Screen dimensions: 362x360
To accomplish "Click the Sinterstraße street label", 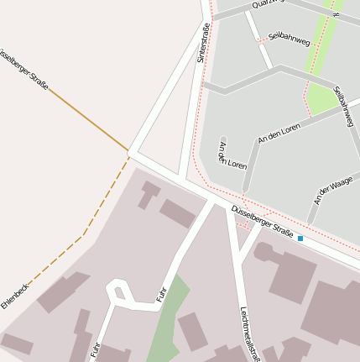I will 202,43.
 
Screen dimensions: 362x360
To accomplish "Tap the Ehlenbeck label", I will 14,296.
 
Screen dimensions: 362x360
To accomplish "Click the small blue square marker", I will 300,239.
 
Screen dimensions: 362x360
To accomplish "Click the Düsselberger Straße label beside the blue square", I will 262,223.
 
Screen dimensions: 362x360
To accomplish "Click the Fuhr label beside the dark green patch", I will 161,294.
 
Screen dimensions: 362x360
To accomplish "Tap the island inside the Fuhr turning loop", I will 118,292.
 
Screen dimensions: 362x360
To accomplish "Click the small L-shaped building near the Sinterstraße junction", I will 148,193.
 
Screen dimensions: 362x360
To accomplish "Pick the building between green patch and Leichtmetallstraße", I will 193,331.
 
